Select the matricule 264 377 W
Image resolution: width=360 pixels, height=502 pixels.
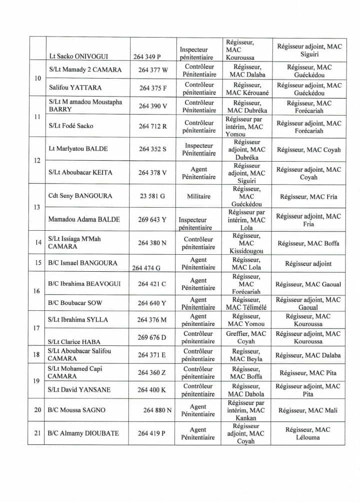[152, 70]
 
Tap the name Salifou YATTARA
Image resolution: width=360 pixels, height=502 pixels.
[75, 88]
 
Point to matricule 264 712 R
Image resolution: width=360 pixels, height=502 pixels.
[152, 126]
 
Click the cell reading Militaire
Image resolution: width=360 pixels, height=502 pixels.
[198, 197]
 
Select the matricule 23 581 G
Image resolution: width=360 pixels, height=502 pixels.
[152, 197]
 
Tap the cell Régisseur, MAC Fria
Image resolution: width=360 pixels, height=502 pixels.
[308, 197]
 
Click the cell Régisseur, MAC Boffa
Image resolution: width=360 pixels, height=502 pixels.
[308, 243]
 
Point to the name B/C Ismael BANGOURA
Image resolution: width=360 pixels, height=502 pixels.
[82, 263]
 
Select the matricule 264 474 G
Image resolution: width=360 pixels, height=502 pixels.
[146, 268]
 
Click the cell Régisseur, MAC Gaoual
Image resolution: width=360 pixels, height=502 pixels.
[308, 284]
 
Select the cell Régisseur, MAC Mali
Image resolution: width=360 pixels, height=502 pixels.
[308, 410]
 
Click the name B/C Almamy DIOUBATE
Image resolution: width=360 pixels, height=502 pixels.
[83, 433]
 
